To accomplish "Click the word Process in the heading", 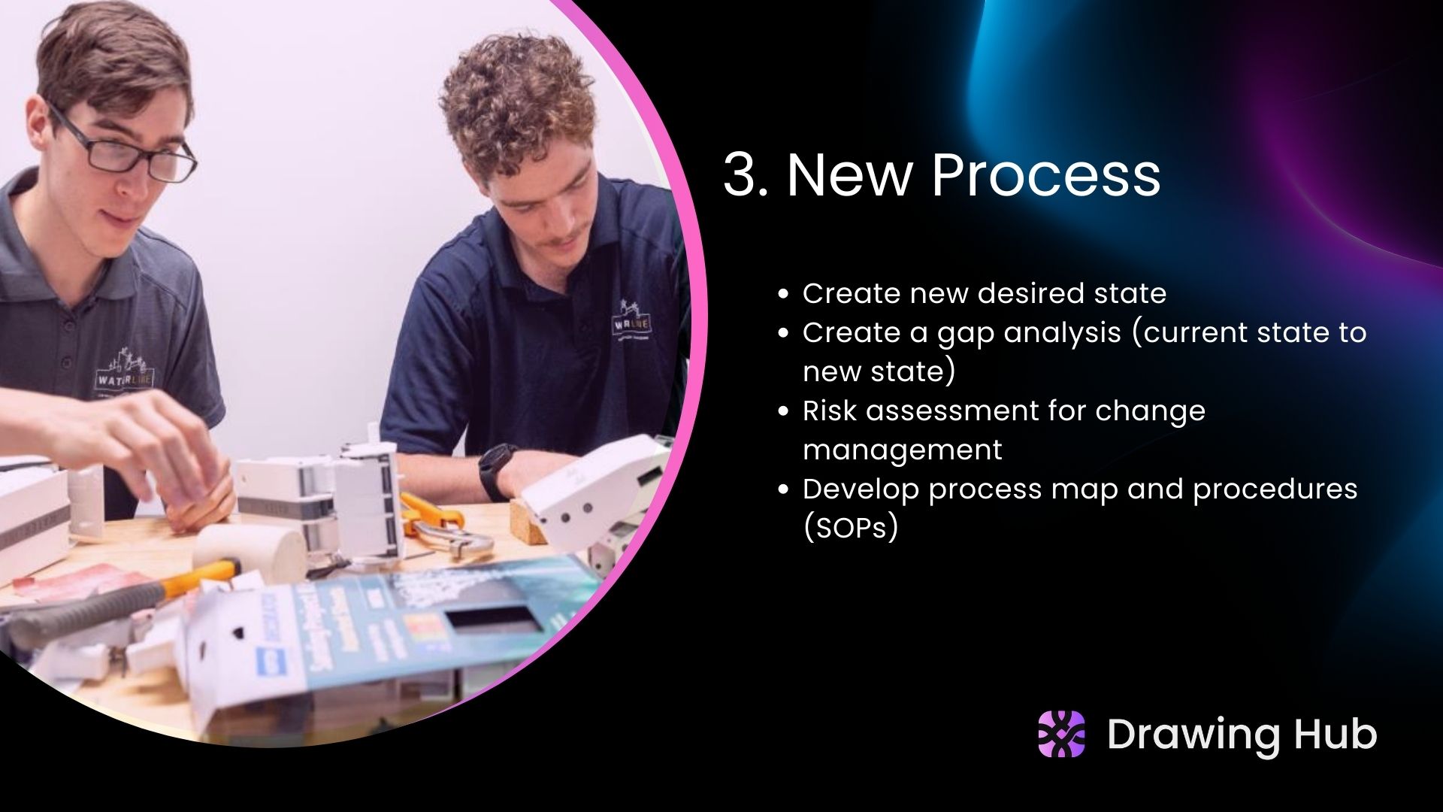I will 1045,174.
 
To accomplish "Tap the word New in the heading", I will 849,174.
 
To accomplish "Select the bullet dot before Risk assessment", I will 783,412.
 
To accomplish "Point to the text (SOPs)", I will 850,528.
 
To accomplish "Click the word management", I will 902,450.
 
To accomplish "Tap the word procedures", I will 1275,489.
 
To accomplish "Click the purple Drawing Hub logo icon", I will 1061,734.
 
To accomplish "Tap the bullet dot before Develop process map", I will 783,490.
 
